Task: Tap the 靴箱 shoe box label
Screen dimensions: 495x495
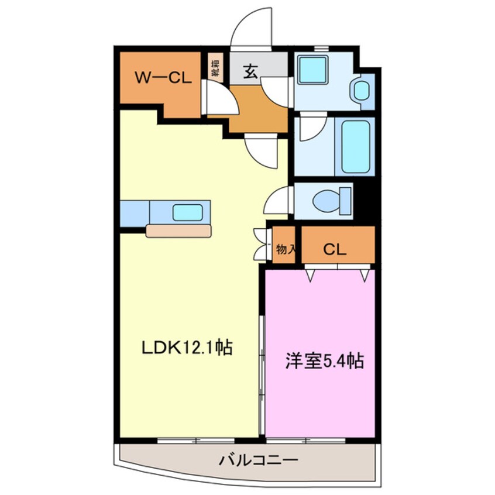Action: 215,67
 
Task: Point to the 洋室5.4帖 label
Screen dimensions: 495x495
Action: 324,361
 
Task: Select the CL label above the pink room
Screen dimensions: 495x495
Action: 335,249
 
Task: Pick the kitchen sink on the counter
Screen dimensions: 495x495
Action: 187,212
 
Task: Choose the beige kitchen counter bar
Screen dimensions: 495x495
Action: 178,231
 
